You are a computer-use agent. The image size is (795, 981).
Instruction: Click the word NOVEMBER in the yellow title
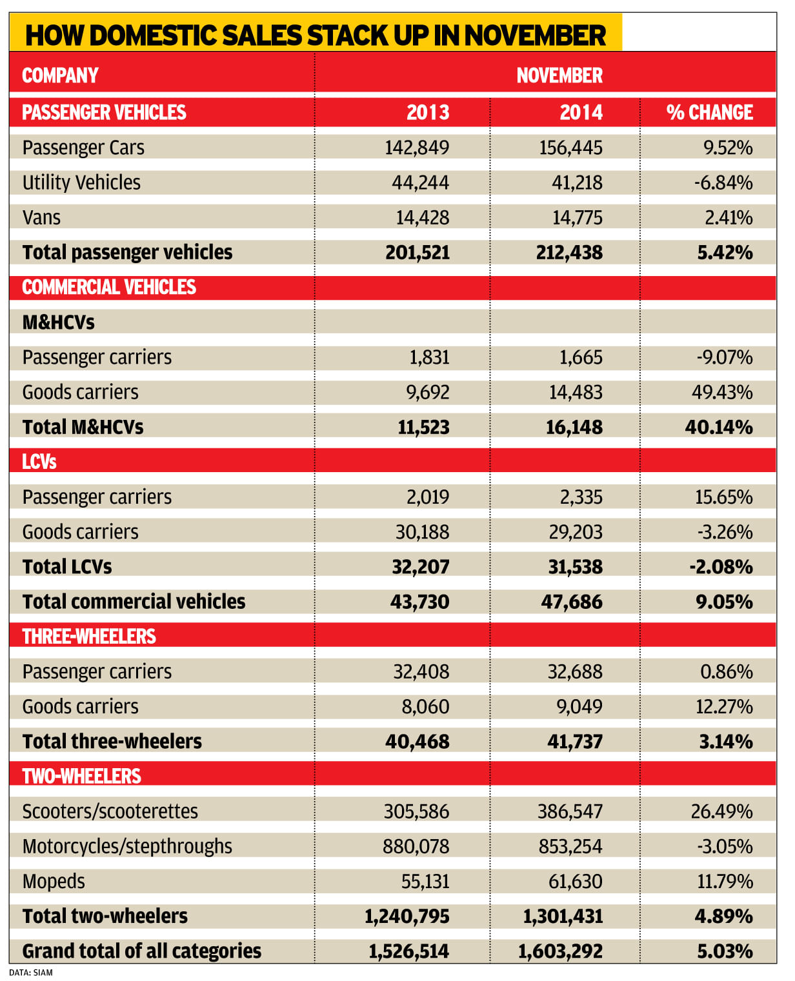tap(535, 35)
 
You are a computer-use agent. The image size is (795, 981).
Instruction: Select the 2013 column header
tap(427, 112)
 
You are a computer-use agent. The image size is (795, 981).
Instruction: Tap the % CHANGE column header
tap(709, 112)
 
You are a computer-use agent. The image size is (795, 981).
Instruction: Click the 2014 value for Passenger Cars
tap(570, 148)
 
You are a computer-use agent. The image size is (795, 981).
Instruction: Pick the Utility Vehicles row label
tap(81, 183)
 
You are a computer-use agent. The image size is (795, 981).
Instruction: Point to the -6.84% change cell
tap(723, 183)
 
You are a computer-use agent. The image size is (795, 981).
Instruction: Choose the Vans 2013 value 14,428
tap(422, 217)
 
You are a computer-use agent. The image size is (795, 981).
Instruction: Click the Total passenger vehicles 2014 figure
tap(569, 252)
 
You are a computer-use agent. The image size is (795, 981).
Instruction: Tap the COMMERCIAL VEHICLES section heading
tap(109, 287)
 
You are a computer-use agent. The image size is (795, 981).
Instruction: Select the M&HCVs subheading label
tap(58, 322)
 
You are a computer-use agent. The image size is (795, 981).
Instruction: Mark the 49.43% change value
tap(722, 392)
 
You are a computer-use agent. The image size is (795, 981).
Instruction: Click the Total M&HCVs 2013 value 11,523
tap(423, 427)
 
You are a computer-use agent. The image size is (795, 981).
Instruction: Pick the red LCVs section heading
tap(39, 462)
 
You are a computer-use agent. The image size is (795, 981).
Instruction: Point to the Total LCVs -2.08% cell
tap(721, 567)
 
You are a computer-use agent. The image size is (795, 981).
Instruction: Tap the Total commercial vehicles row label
tap(134, 602)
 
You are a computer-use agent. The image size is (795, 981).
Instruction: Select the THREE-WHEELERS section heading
tap(89, 637)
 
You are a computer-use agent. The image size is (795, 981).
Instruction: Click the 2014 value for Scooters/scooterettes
tap(570, 811)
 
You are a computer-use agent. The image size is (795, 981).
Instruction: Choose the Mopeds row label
tap(54, 881)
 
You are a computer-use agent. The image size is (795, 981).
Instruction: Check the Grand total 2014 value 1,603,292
tap(560, 951)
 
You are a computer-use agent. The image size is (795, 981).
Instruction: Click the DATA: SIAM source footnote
tap(31, 972)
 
